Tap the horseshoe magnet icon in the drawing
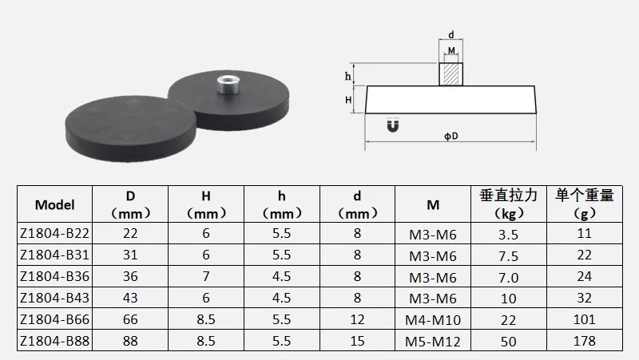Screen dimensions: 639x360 pos(392,125)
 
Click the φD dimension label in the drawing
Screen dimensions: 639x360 pos(450,136)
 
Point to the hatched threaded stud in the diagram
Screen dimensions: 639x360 pos(450,74)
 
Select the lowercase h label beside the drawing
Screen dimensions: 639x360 pos(347,76)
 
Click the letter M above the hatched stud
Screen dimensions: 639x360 pos(451,50)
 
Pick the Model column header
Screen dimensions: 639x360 pos(54,204)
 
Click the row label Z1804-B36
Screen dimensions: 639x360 pos(54,276)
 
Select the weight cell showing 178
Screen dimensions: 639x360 pos(584,341)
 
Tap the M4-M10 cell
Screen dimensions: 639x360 pos(433,319)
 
